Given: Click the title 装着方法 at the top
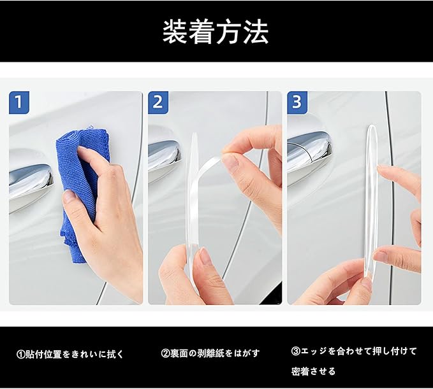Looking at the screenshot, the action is coord(216,32).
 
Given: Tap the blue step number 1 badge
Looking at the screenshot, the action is coord(19,103).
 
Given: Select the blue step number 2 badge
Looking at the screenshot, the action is coord(158,103).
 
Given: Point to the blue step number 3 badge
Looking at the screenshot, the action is coord(297,103).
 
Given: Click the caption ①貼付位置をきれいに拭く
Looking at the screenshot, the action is coord(70,354).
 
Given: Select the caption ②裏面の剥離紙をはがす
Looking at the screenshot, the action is coord(210,353).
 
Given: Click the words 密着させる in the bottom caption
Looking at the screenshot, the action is coord(313,371).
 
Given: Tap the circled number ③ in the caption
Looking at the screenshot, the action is coord(296,351).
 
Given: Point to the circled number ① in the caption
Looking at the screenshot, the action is coord(21,355).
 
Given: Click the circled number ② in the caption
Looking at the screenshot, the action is coord(165,353).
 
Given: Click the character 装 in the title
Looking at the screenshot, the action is coord(175,32).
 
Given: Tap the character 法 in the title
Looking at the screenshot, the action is coord(256,32).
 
